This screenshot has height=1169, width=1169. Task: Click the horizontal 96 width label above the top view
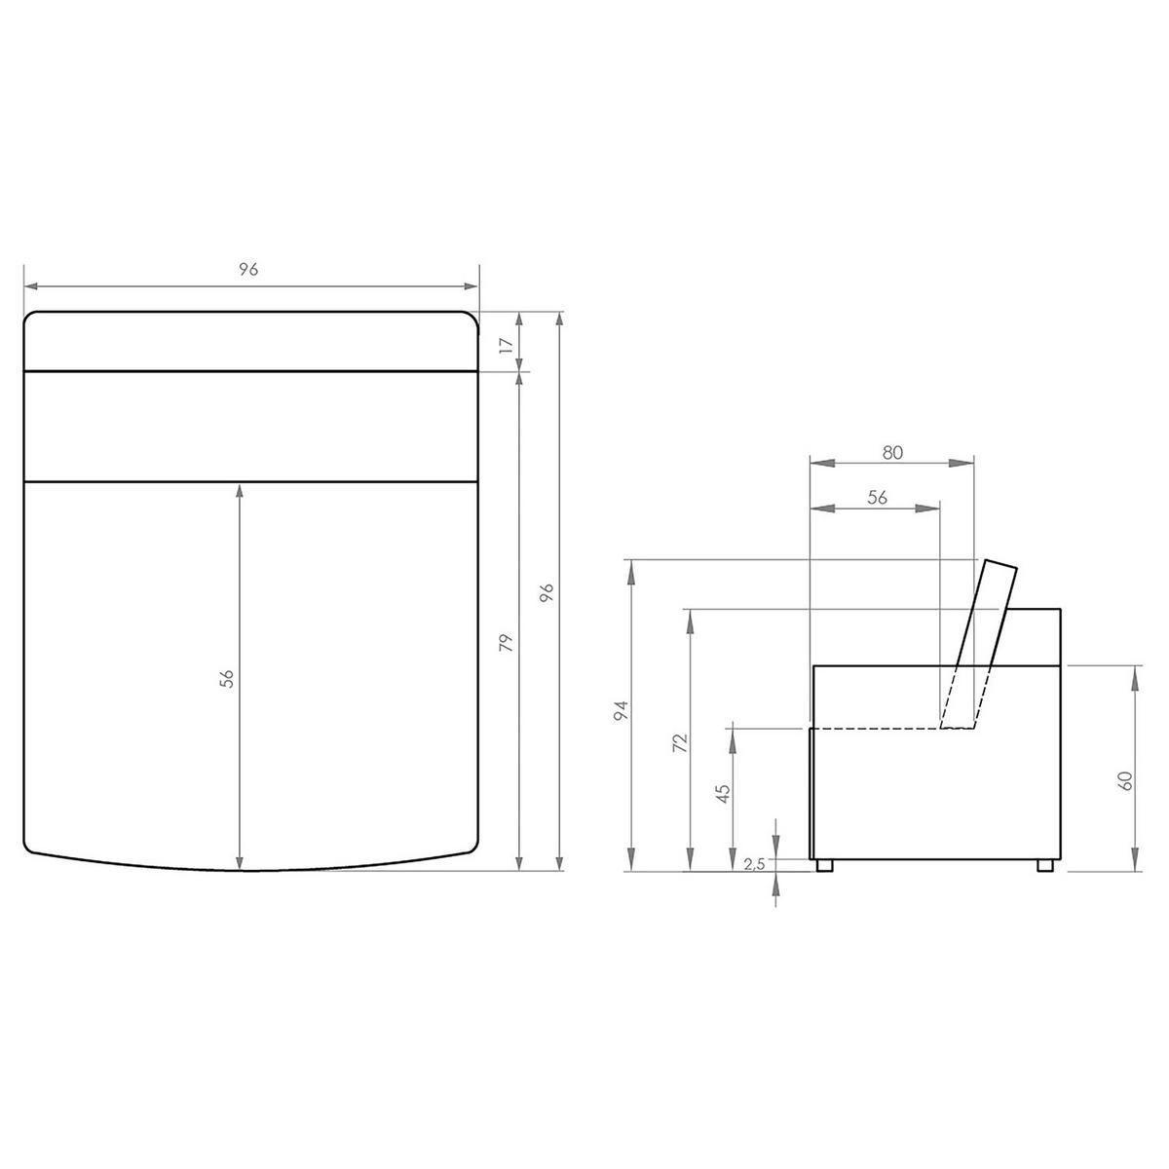(248, 269)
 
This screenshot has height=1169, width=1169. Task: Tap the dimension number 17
(507, 345)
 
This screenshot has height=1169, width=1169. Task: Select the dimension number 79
(506, 642)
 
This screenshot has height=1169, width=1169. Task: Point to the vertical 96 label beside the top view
(547, 592)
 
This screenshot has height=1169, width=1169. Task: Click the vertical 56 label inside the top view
(226, 678)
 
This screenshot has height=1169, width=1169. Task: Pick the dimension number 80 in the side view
(892, 452)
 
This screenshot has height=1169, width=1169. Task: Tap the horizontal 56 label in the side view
(877, 497)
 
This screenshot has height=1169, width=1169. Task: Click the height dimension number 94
(621, 710)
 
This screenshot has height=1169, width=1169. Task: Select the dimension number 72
(680, 743)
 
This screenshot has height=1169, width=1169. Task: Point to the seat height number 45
(723, 794)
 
